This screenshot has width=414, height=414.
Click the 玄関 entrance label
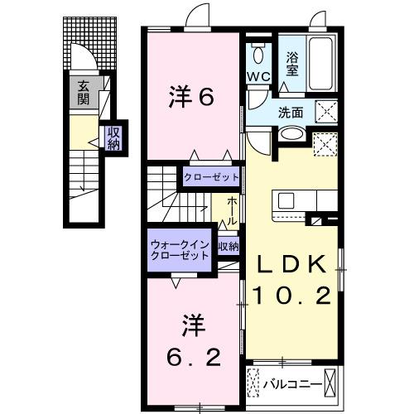coord(84,92)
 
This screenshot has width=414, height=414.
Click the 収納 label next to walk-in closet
coord(228,246)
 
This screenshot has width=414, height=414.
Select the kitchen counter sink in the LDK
coord(286,200)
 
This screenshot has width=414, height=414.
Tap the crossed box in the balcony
coord(332,383)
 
